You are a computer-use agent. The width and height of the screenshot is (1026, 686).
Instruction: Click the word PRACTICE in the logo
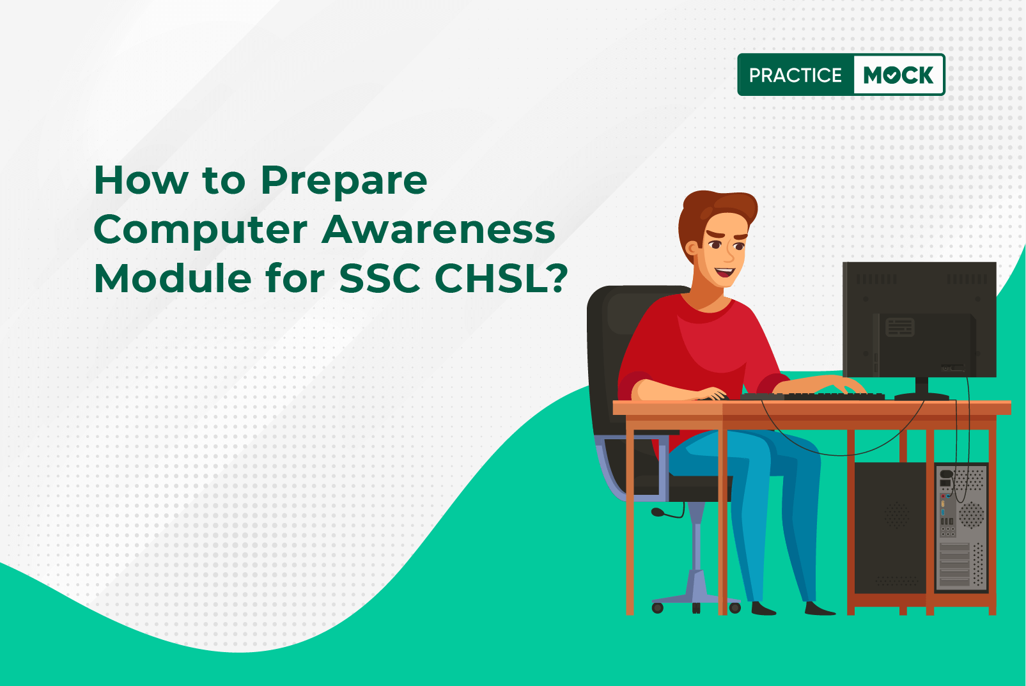click(795, 75)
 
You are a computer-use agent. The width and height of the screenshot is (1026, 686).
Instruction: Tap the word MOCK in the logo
click(898, 75)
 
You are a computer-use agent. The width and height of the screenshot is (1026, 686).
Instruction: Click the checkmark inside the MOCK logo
click(892, 75)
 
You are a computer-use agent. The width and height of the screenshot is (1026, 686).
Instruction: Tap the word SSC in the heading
click(380, 279)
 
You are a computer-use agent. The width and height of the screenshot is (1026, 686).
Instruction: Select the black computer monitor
click(919, 320)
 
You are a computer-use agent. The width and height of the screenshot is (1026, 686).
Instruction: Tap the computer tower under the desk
click(921, 527)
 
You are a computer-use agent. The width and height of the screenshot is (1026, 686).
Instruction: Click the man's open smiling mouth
click(725, 272)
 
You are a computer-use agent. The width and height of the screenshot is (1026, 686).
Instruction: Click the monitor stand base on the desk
click(922, 396)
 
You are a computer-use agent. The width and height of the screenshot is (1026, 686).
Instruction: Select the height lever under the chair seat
click(667, 513)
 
